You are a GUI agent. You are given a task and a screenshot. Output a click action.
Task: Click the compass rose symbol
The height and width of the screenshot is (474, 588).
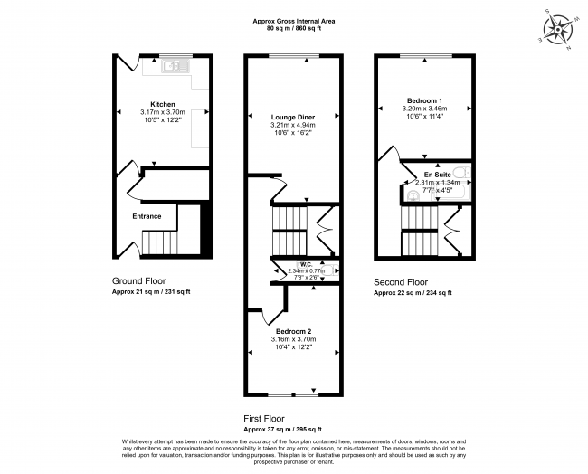pos(558,30)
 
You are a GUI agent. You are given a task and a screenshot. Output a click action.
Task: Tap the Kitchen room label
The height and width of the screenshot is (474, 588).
pos(163,104)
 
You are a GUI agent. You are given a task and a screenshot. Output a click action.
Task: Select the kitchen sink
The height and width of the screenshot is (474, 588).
pos(175,66)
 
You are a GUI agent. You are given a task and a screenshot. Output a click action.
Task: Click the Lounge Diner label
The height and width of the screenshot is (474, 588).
pos(293,118)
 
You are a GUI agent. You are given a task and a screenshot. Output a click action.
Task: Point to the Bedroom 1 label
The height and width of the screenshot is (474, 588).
pos(424,100)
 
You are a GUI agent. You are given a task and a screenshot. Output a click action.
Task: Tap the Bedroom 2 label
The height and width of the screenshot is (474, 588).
pos(294,331)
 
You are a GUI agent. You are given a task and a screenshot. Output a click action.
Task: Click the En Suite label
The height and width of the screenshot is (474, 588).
pos(437,175)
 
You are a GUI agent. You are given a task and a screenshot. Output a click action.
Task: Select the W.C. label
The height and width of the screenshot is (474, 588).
pos(307,265)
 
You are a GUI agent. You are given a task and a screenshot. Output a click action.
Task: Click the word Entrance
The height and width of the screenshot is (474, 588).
pos(147,216)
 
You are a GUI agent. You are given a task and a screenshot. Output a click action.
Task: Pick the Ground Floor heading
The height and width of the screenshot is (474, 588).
pos(138,281)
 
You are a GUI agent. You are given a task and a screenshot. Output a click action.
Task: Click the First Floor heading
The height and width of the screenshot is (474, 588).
pos(264,419)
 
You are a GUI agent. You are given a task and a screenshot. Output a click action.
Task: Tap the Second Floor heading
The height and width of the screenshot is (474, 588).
pos(401,282)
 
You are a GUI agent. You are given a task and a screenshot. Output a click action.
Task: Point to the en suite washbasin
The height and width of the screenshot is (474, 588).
pos(413,195)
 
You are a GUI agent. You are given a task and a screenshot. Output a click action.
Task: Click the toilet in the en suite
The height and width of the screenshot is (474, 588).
pos(461,173)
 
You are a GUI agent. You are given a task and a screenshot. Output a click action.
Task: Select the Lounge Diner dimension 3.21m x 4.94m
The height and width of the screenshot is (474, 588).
pos(293,125)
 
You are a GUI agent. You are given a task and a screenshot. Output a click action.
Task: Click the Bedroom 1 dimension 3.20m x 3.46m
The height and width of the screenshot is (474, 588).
pos(424,109)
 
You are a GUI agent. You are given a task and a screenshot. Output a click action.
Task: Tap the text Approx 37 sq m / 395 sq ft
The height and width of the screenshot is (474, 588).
pos(282,430)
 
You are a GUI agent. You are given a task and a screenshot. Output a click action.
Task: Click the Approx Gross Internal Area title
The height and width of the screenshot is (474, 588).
pos(294,22)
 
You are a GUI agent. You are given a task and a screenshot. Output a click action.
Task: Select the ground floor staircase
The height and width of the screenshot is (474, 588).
pos(160,242)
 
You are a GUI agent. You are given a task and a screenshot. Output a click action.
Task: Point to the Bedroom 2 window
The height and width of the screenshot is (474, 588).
pos(293,394)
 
